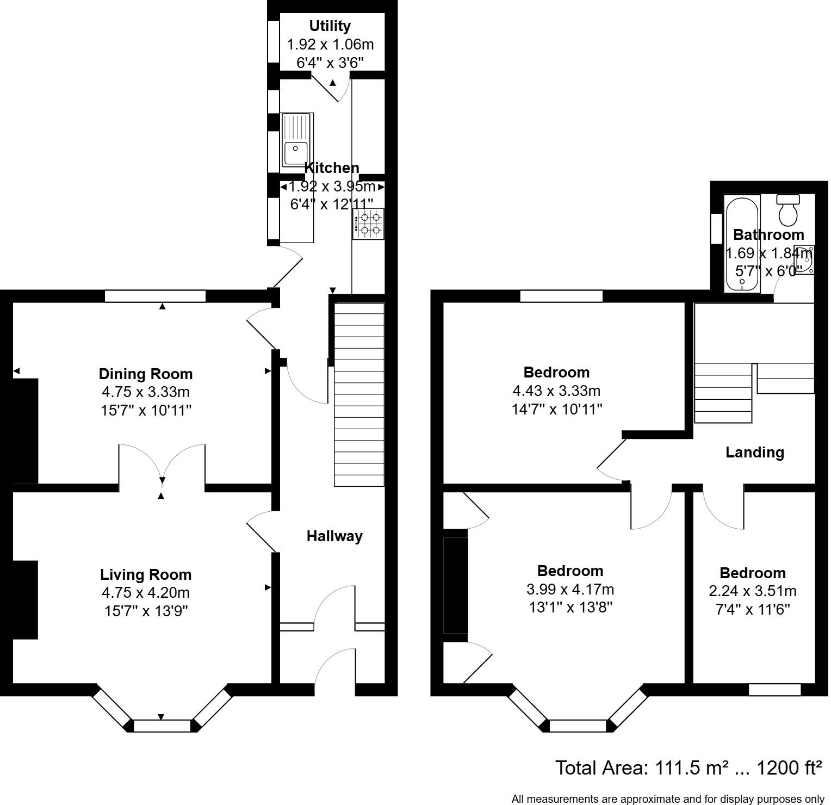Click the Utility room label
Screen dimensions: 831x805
click(330, 26)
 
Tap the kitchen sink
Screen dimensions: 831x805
click(296, 140)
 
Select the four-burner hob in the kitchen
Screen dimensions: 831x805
click(368, 224)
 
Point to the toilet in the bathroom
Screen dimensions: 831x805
click(788, 210)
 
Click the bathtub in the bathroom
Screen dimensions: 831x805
click(741, 244)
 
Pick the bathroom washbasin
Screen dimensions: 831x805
click(804, 259)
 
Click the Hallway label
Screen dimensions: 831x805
click(334, 536)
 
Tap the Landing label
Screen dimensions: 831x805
click(755, 453)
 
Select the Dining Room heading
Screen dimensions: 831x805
click(146, 374)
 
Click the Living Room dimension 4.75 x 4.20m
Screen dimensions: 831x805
click(146, 592)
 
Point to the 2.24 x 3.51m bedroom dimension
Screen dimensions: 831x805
click(753, 591)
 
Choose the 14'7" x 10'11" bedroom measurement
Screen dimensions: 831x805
click(556, 409)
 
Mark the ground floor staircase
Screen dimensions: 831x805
click(359, 394)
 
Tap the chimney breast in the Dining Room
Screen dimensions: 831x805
click(25, 430)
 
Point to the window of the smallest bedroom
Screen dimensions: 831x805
click(774, 690)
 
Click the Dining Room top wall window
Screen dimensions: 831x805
click(156, 296)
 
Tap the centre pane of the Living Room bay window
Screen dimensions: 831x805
click(162, 726)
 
